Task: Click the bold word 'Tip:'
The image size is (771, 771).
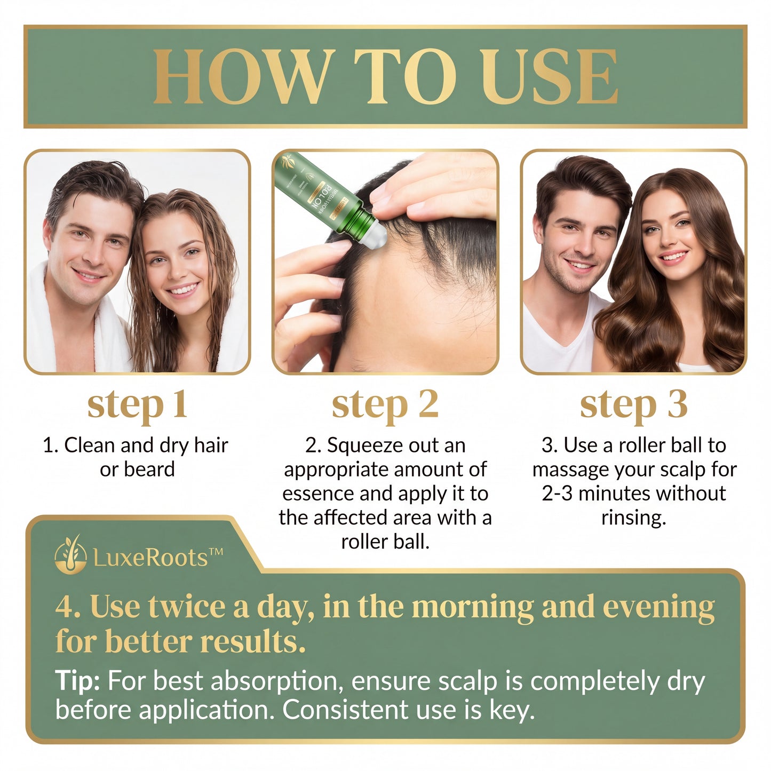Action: (x=77, y=681)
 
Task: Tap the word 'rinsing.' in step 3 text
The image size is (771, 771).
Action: (x=633, y=518)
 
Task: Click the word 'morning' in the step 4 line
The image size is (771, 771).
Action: (x=473, y=607)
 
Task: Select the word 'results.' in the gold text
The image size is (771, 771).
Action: (x=253, y=641)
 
